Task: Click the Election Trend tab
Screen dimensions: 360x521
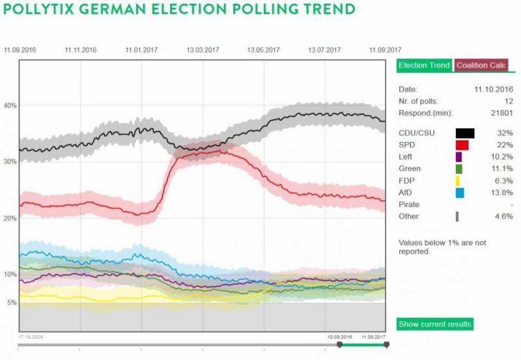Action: [x=424, y=66]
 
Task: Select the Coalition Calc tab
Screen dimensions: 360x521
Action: [x=482, y=66]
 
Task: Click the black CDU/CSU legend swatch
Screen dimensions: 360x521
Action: [x=465, y=133]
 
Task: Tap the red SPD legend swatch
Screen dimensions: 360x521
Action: [x=462, y=145]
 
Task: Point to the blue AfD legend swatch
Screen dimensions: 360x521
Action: [x=460, y=193]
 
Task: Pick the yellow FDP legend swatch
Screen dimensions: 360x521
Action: [x=458, y=181]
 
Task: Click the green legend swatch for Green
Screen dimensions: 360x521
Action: [x=458, y=169]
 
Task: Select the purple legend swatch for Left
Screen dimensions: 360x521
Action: [x=458, y=157]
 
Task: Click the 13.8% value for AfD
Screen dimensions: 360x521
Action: [x=503, y=193]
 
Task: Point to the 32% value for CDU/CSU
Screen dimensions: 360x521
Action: [x=506, y=133]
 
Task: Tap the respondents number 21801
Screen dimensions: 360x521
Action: [x=501, y=113]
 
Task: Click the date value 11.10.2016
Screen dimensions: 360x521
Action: [x=494, y=89]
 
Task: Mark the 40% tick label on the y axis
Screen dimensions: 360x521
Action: [x=10, y=105]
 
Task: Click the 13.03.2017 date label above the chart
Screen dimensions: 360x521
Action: [x=203, y=49]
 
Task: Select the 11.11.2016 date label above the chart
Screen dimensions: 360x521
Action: [x=81, y=49]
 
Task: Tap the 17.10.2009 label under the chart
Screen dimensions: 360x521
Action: [x=30, y=337]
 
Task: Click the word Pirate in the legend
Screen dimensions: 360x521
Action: [x=409, y=204]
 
